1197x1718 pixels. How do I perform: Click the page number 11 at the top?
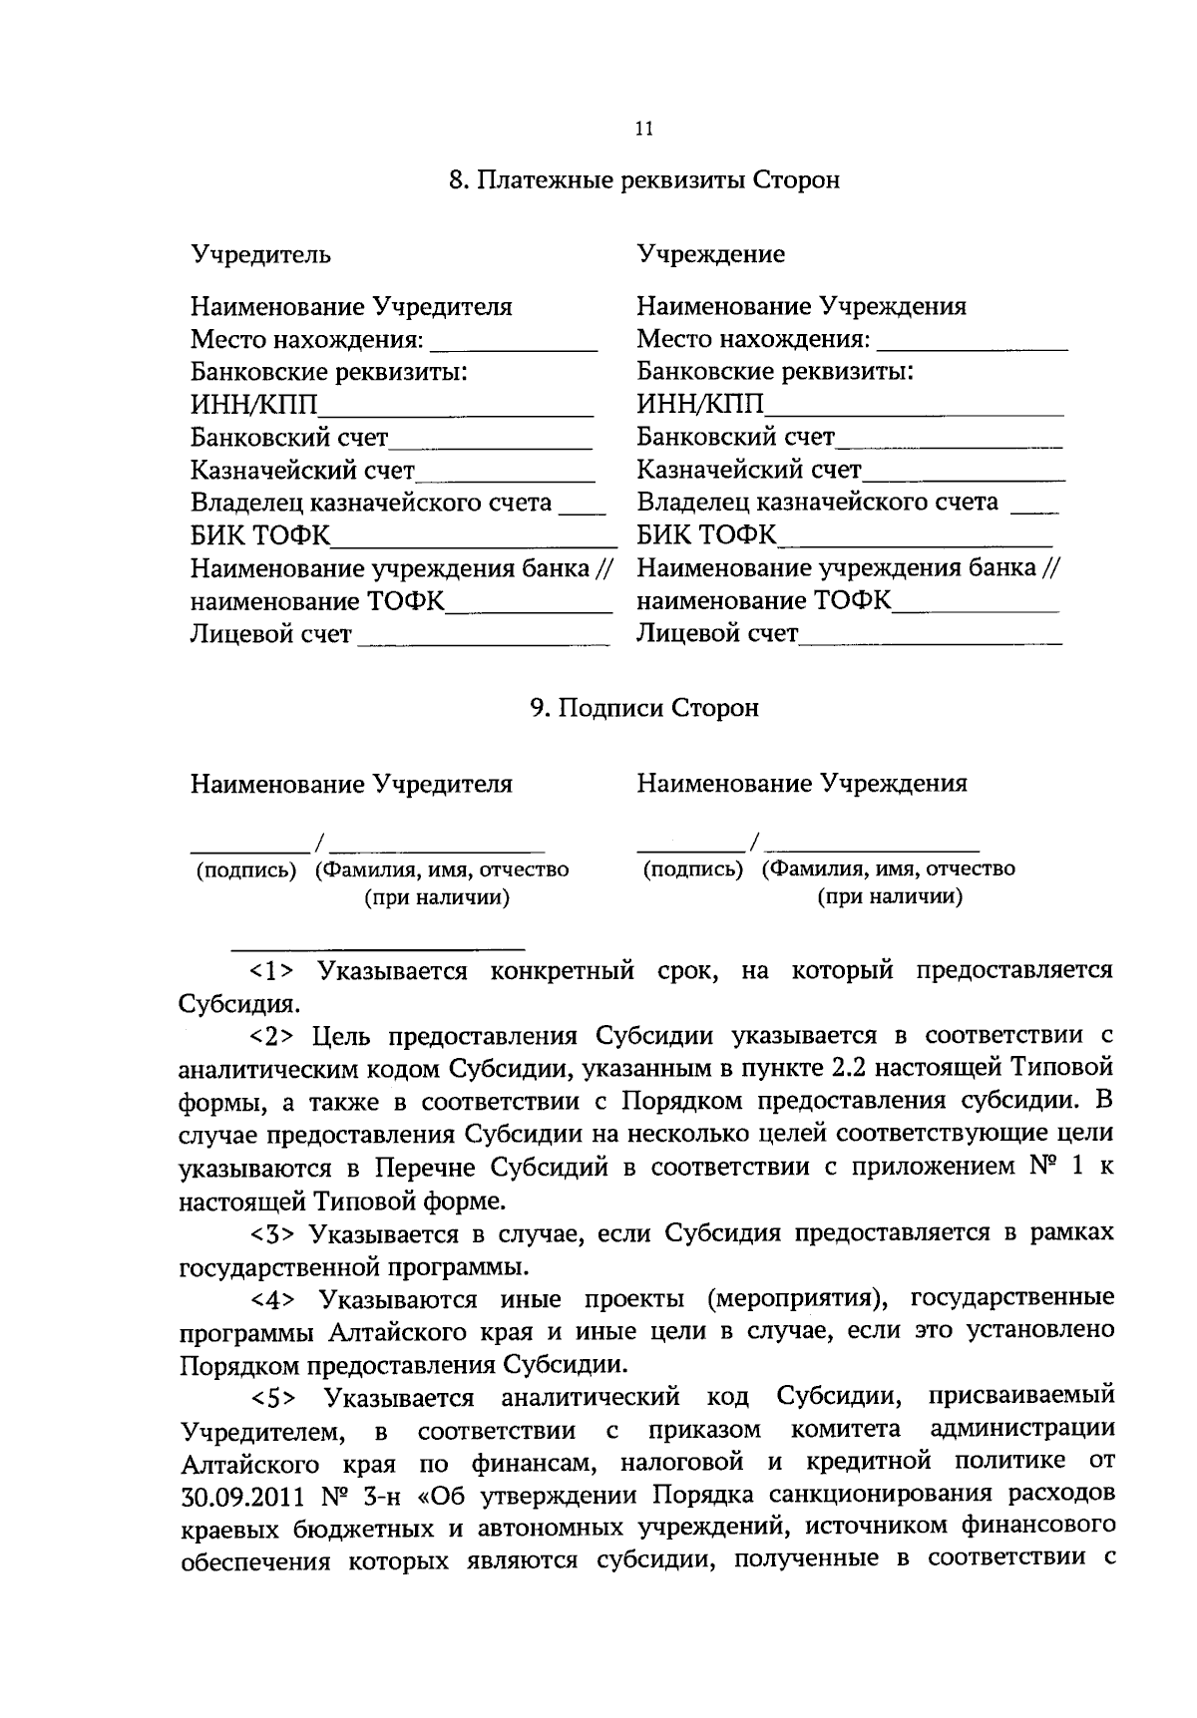click(x=643, y=129)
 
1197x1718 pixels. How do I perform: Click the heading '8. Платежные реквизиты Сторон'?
click(x=643, y=180)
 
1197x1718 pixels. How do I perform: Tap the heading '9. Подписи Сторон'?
click(x=643, y=708)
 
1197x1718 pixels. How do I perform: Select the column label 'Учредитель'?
click(x=260, y=254)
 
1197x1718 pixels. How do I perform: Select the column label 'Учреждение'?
click(x=710, y=254)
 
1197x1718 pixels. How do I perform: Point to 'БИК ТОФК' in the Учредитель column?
click(x=259, y=535)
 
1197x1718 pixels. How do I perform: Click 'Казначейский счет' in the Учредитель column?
click(x=302, y=470)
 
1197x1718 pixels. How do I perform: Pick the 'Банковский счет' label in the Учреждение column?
click(x=735, y=437)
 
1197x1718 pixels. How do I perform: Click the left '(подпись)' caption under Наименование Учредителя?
click(x=246, y=870)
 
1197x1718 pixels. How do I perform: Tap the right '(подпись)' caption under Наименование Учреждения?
click(x=693, y=869)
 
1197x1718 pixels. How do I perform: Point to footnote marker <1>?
click(x=270, y=971)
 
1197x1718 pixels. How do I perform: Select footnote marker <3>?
click(x=270, y=1234)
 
